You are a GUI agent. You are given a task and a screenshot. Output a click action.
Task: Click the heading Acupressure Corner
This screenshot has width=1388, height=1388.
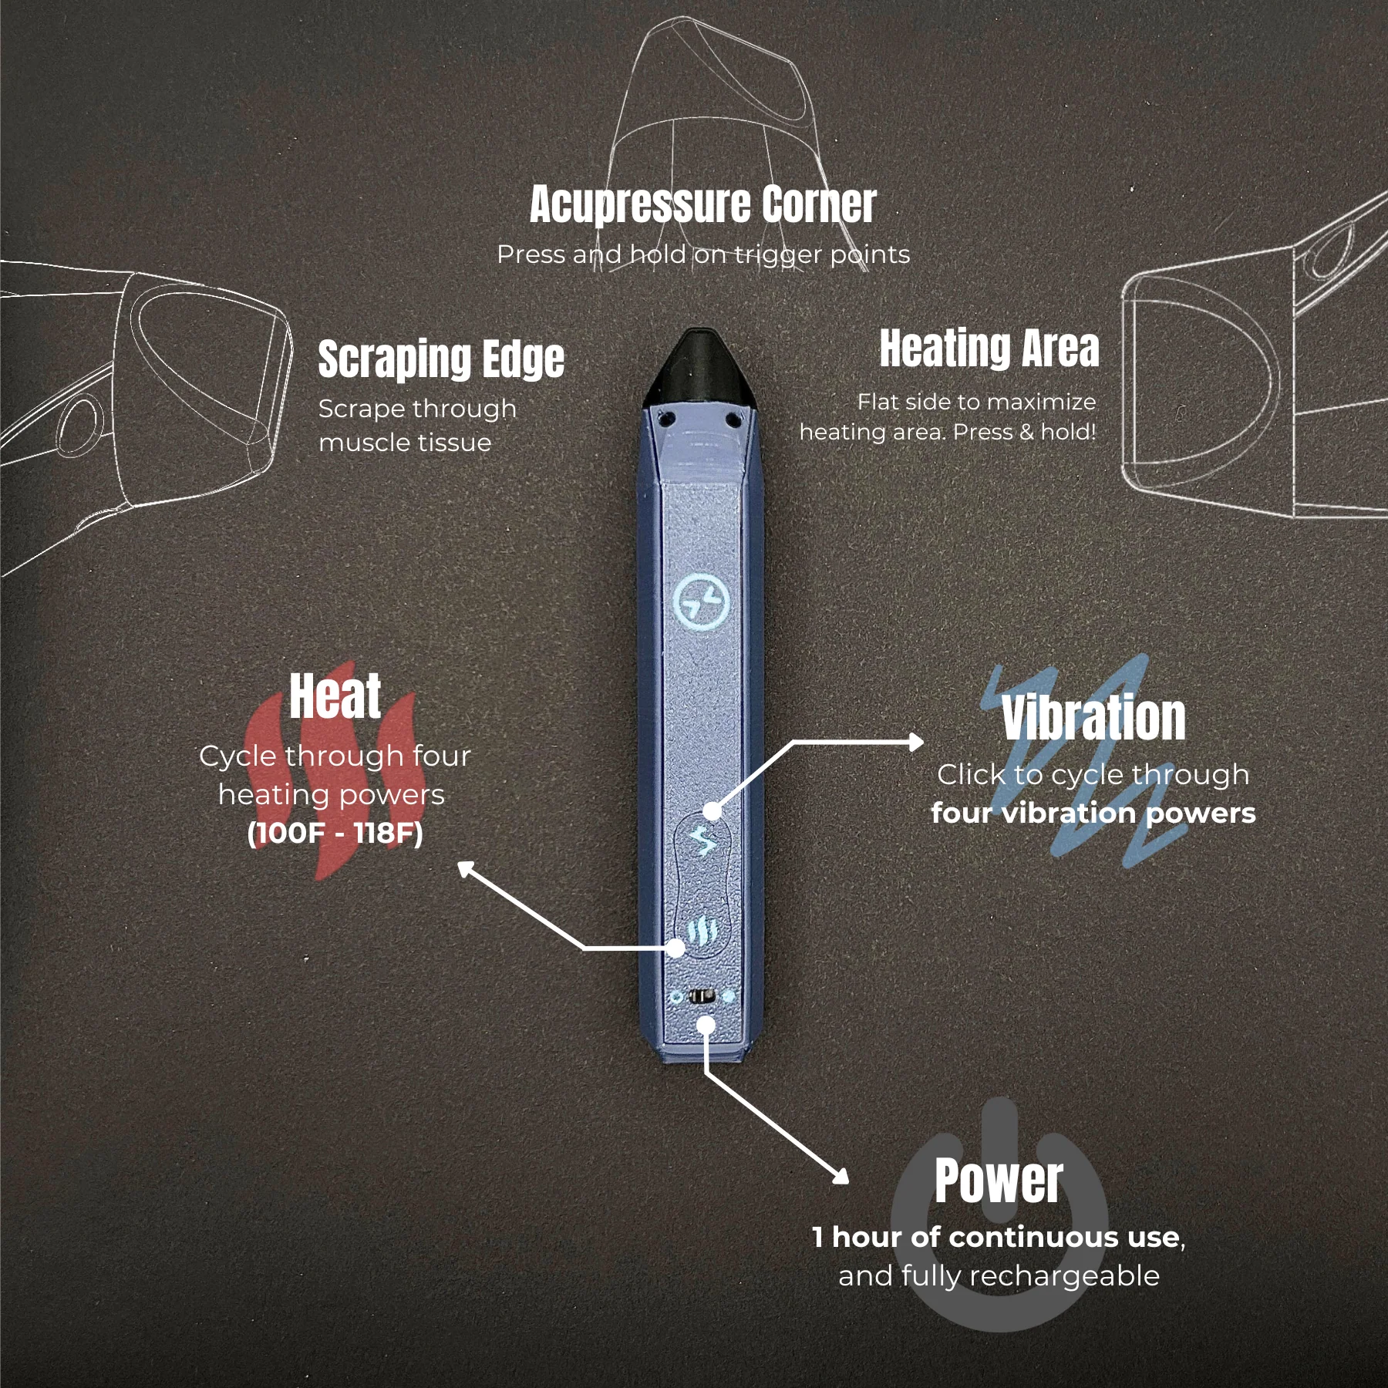click(x=702, y=205)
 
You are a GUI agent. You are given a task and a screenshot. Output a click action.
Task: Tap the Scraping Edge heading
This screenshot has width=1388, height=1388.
click(x=441, y=359)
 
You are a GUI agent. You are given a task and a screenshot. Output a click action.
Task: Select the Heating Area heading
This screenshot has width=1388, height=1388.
click(x=989, y=348)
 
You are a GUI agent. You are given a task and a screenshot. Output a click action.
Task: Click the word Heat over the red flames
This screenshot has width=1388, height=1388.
click(x=335, y=696)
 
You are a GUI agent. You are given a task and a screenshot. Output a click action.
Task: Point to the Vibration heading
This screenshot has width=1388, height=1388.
click(x=1093, y=718)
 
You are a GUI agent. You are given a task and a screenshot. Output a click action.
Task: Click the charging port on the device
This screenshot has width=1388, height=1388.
click(x=702, y=996)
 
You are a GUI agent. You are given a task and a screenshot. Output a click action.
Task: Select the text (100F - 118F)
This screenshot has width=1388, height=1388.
click(x=335, y=834)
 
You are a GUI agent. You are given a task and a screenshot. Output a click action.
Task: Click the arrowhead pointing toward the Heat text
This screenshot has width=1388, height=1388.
click(x=465, y=869)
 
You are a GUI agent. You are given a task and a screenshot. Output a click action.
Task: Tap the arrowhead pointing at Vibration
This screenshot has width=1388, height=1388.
click(x=916, y=742)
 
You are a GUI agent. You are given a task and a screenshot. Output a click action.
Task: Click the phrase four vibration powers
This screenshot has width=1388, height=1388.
click(x=1093, y=814)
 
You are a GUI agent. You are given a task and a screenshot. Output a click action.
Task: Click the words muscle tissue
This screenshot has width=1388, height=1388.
click(x=405, y=443)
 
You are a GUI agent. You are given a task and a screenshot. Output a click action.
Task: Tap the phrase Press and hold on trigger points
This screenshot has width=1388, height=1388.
click(x=703, y=254)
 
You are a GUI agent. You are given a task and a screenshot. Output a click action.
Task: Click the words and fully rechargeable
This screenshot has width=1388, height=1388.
click(x=999, y=1276)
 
